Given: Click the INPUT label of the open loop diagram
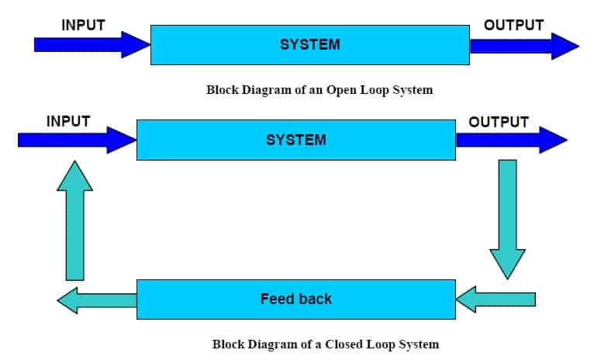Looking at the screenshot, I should tap(83, 26).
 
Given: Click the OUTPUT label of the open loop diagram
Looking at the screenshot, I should tap(513, 26).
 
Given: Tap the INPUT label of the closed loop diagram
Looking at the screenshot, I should tap(68, 122).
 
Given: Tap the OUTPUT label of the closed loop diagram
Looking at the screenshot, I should tap(499, 122).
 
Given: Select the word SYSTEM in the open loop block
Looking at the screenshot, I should tap(309, 45).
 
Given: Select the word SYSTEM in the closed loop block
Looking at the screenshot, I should tap(295, 140).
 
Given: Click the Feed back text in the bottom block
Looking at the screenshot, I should tap(295, 299).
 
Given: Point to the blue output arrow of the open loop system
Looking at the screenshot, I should tap(523, 45).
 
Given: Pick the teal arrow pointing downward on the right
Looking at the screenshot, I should tap(507, 217).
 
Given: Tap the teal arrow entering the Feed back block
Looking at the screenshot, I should tap(496, 299).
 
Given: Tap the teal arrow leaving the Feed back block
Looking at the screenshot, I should tap(97, 299).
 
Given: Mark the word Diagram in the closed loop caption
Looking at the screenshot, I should tap(268, 344).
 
